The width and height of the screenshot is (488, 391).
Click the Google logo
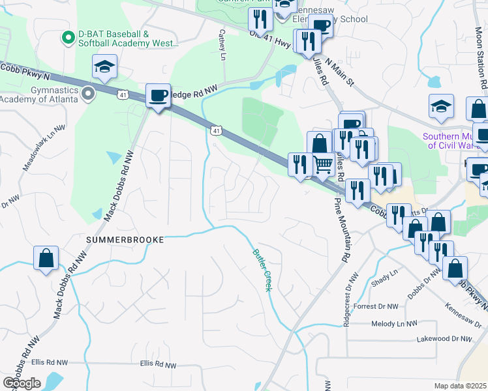click(22, 383)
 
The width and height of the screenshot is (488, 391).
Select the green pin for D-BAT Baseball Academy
click(66, 38)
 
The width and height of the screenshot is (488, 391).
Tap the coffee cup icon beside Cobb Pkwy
click(157, 96)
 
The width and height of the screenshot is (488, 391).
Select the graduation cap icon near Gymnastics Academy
click(104, 67)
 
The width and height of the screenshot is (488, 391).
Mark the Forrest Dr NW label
click(375, 306)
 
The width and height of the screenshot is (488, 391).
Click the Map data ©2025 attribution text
click(460, 386)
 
